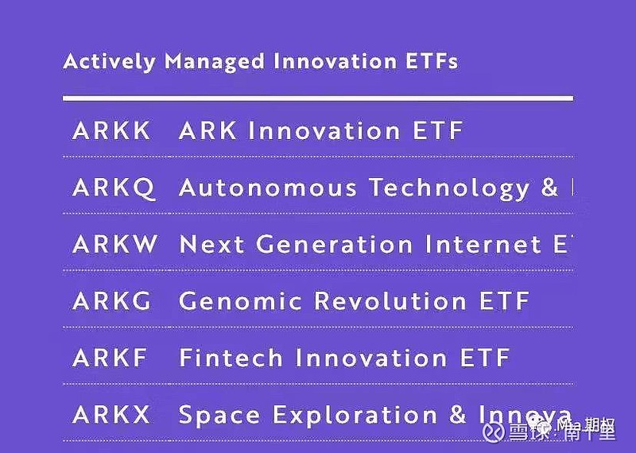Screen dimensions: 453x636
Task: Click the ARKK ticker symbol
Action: tap(111, 130)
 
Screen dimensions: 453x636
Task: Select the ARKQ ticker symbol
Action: tap(114, 188)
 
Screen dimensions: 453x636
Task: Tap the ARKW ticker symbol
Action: tap(115, 244)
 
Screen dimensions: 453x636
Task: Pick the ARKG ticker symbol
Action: tap(113, 301)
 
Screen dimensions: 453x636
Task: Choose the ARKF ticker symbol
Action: tap(110, 358)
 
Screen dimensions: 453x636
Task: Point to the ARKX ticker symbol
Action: tap(111, 415)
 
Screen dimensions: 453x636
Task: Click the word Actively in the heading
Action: tap(110, 62)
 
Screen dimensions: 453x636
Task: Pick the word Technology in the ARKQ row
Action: tap(449, 188)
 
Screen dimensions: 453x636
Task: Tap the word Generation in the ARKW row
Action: tap(335, 244)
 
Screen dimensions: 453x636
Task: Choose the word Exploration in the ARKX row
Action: tap(354, 415)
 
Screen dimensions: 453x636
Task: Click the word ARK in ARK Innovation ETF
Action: tap(208, 130)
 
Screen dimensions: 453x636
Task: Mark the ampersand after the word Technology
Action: tap(549, 188)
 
